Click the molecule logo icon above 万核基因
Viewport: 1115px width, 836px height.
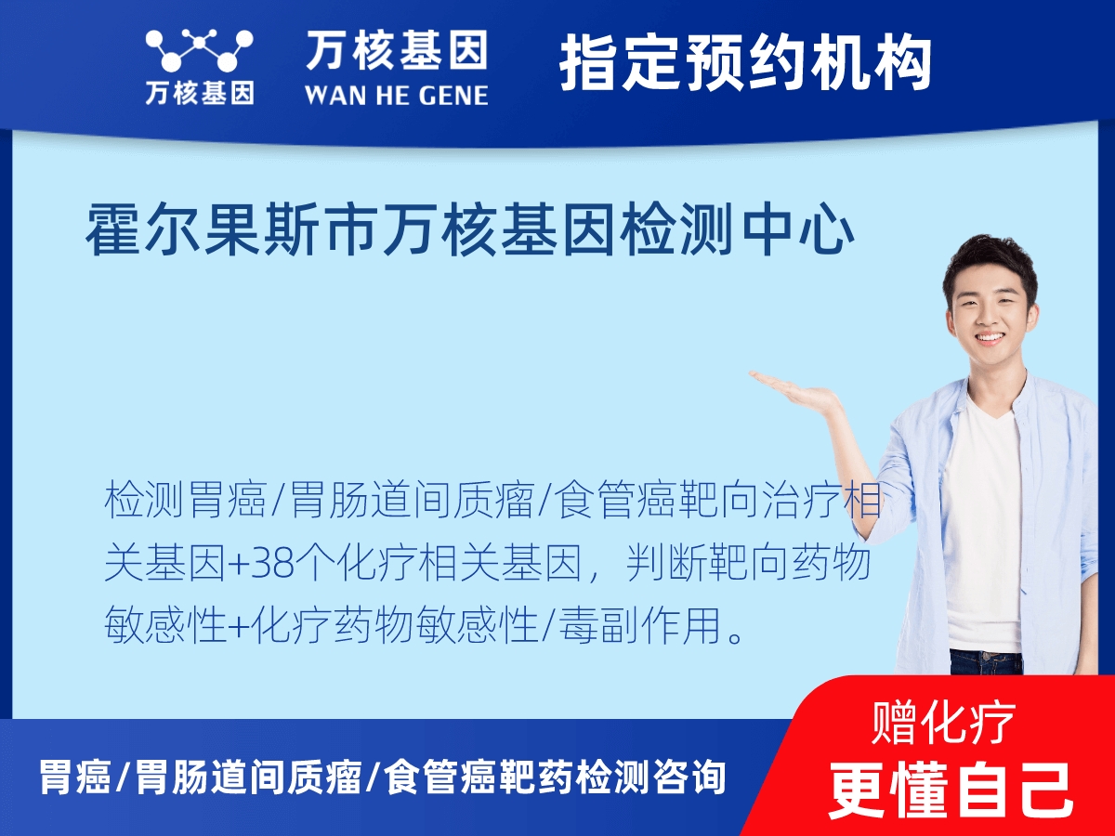[199, 50]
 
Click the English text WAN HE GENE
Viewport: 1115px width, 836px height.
[396, 95]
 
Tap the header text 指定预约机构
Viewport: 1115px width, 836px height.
[745, 63]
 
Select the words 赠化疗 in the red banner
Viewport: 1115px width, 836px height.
[944, 722]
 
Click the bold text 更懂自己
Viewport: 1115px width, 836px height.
[950, 788]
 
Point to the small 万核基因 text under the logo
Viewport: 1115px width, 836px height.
[199, 94]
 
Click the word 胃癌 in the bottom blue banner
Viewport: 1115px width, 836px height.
[74, 777]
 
